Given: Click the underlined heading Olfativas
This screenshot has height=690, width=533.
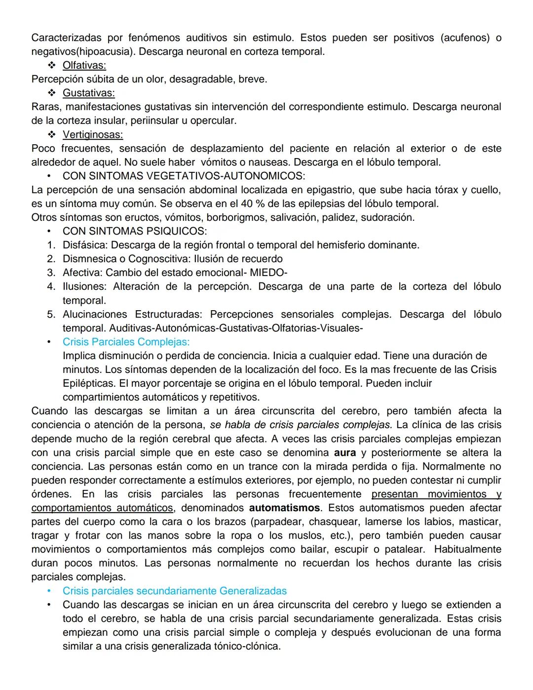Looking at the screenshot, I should click(84, 65).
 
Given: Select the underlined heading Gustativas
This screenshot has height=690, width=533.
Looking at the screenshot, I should click(88, 93).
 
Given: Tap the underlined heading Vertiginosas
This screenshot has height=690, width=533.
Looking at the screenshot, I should click(93, 134).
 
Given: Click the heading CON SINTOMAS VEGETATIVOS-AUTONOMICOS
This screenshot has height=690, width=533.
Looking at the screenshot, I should click(184, 176).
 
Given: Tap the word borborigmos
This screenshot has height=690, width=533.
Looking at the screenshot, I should click(236, 217).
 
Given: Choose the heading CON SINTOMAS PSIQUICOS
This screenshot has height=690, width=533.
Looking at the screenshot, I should click(135, 231).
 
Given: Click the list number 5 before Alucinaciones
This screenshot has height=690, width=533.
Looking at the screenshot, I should click(51, 314).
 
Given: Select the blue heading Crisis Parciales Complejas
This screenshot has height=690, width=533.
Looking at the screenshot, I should click(126, 342).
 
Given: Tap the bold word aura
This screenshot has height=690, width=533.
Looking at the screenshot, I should click(344, 452).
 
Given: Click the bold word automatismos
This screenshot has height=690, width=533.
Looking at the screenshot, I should click(284, 508).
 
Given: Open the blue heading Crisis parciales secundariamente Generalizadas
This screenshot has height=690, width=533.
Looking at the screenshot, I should click(174, 591).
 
